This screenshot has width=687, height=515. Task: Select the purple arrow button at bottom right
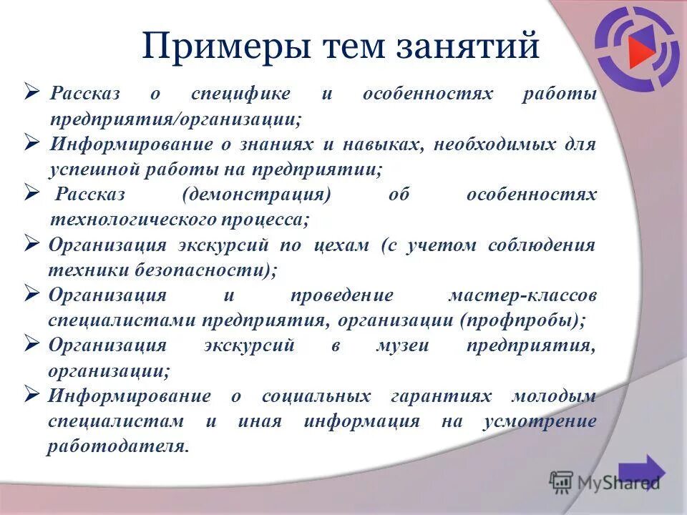(642, 472)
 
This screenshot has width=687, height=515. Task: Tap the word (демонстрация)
(257, 195)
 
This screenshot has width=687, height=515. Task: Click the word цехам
(341, 245)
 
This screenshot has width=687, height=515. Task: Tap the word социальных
(316, 396)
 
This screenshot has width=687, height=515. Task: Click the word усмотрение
(539, 421)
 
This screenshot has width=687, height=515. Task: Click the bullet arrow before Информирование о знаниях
(31, 142)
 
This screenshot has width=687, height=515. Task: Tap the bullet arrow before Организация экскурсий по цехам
(31, 242)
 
